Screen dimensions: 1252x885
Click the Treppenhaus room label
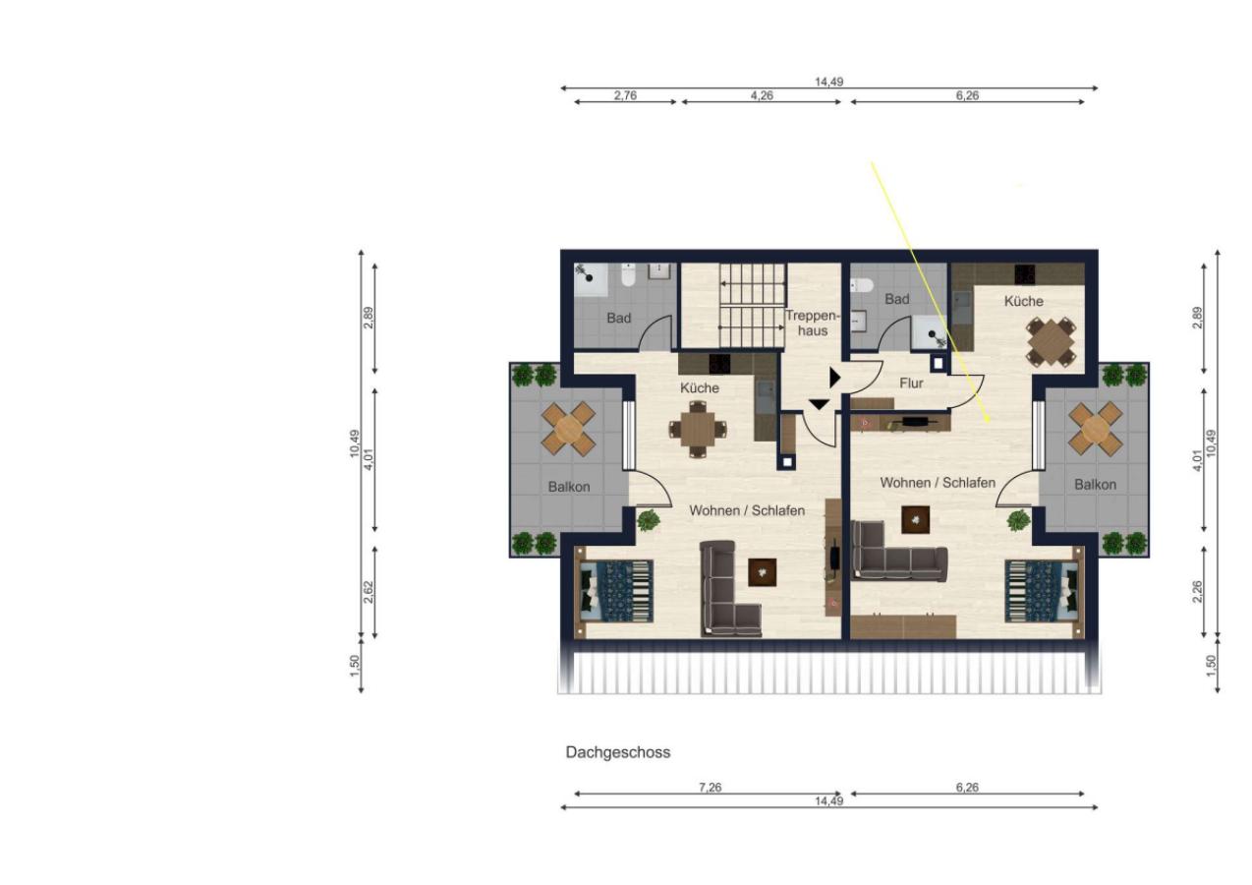(x=812, y=324)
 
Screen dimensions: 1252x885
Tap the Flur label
(x=911, y=383)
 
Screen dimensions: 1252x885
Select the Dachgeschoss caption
(x=617, y=752)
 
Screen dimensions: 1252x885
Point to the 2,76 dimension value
(x=625, y=95)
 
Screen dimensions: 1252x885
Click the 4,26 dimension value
(x=762, y=95)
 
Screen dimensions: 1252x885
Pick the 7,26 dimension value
(x=710, y=788)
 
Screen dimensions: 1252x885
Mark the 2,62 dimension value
(x=369, y=592)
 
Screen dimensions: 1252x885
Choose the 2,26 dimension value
(x=1197, y=592)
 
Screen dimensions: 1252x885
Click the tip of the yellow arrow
(x=990, y=423)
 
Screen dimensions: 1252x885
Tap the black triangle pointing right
(x=834, y=378)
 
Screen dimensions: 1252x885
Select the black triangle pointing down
(x=820, y=404)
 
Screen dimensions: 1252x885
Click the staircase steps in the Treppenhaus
(x=753, y=306)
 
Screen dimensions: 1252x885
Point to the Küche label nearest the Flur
(x=1023, y=302)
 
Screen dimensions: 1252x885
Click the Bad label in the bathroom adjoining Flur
(x=896, y=299)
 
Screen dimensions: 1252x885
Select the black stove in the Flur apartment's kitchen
(x=1024, y=273)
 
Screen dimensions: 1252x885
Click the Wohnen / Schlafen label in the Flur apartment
(x=938, y=482)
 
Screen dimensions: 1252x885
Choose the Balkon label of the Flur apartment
(x=1095, y=485)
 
